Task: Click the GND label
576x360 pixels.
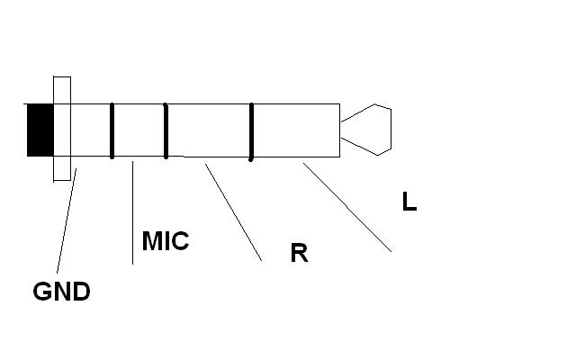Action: [x=61, y=292]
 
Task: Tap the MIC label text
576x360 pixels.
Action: [x=166, y=241]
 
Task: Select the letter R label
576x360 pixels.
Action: [x=300, y=254]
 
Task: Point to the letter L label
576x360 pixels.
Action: [x=409, y=203]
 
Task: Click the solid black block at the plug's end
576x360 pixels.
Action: [x=40, y=130]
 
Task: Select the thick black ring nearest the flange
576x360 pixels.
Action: [x=112, y=130]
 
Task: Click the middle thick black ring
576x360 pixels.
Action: [x=166, y=130]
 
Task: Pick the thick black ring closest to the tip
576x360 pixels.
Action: [x=252, y=131]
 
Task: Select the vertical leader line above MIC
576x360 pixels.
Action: [x=133, y=212]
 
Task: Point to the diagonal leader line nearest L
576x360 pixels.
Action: [x=347, y=207]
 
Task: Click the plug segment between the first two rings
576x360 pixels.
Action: [x=139, y=130]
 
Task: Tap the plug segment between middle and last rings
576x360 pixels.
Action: [x=209, y=130]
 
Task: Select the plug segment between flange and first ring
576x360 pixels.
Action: [x=91, y=130]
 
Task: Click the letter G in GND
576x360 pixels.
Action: [x=42, y=292]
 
